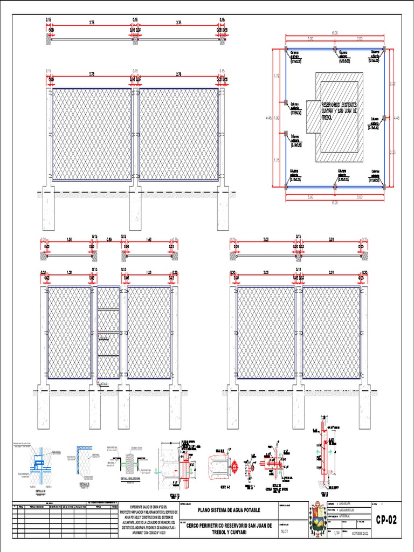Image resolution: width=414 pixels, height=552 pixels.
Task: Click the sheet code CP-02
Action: pos(386,520)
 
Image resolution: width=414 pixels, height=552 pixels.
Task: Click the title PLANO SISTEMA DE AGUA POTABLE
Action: pos(229,509)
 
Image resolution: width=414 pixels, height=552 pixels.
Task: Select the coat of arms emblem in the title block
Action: pos(317,520)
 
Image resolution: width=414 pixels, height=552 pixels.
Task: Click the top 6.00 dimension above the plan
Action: pos(335,33)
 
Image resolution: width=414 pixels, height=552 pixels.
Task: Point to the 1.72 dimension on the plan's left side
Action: pos(277,75)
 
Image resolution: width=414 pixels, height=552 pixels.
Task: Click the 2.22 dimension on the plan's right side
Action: pos(392,84)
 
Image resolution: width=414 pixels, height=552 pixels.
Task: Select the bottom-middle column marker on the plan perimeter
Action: pos(335,187)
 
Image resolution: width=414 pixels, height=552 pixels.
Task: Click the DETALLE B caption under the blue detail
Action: pos(41,491)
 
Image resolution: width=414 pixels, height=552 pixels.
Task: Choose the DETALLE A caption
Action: pos(84,484)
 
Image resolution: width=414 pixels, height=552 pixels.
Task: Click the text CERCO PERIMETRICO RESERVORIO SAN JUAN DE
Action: pos(229,525)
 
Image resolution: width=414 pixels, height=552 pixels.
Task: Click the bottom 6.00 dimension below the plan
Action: pos(335,202)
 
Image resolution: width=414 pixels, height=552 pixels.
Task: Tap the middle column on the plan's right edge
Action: pos(384,118)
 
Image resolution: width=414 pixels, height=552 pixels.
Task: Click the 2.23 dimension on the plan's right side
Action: pos(392,152)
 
